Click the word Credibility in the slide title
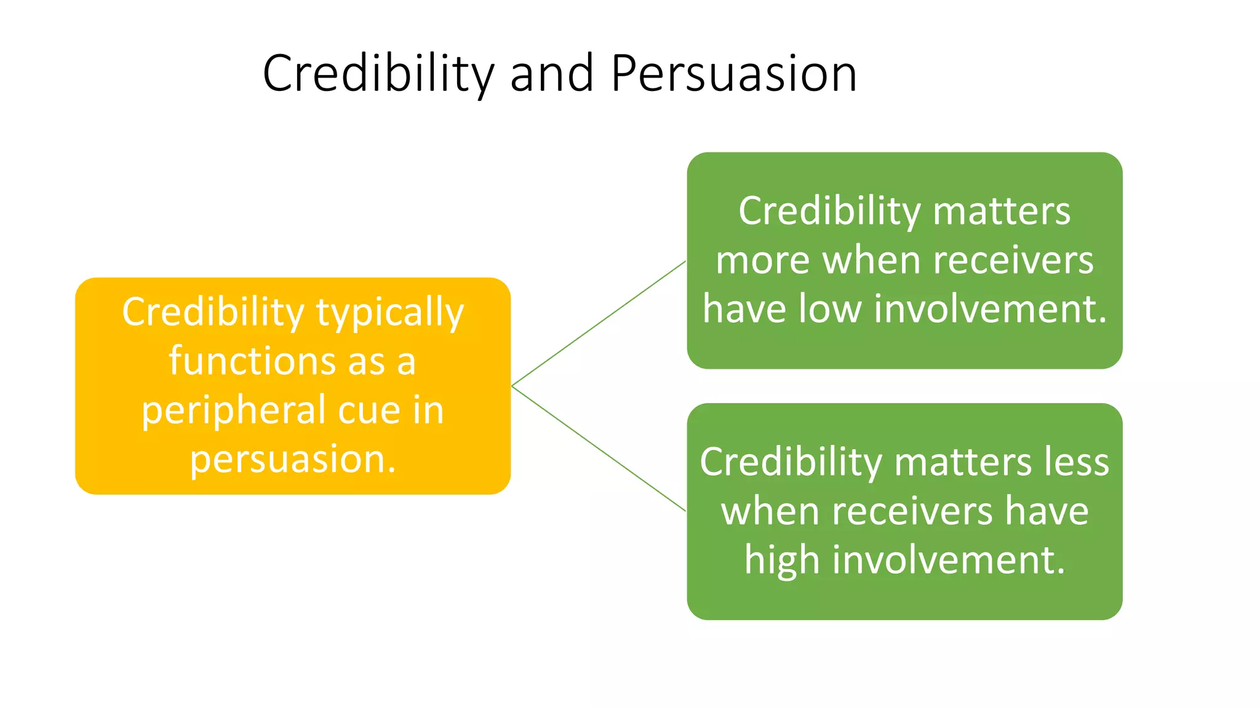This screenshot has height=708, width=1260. [x=378, y=74]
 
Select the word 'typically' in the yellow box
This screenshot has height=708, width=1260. [x=390, y=313]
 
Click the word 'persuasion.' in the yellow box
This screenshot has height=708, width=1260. [x=293, y=460]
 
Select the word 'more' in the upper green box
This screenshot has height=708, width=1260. [x=762, y=261]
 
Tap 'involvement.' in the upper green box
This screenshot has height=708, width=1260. [x=990, y=309]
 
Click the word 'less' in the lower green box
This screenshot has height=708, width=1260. [x=1079, y=462]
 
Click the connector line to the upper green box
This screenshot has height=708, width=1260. [x=599, y=323]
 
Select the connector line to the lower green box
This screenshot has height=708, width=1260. [x=599, y=449]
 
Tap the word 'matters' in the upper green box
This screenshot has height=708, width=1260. [x=1001, y=211]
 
